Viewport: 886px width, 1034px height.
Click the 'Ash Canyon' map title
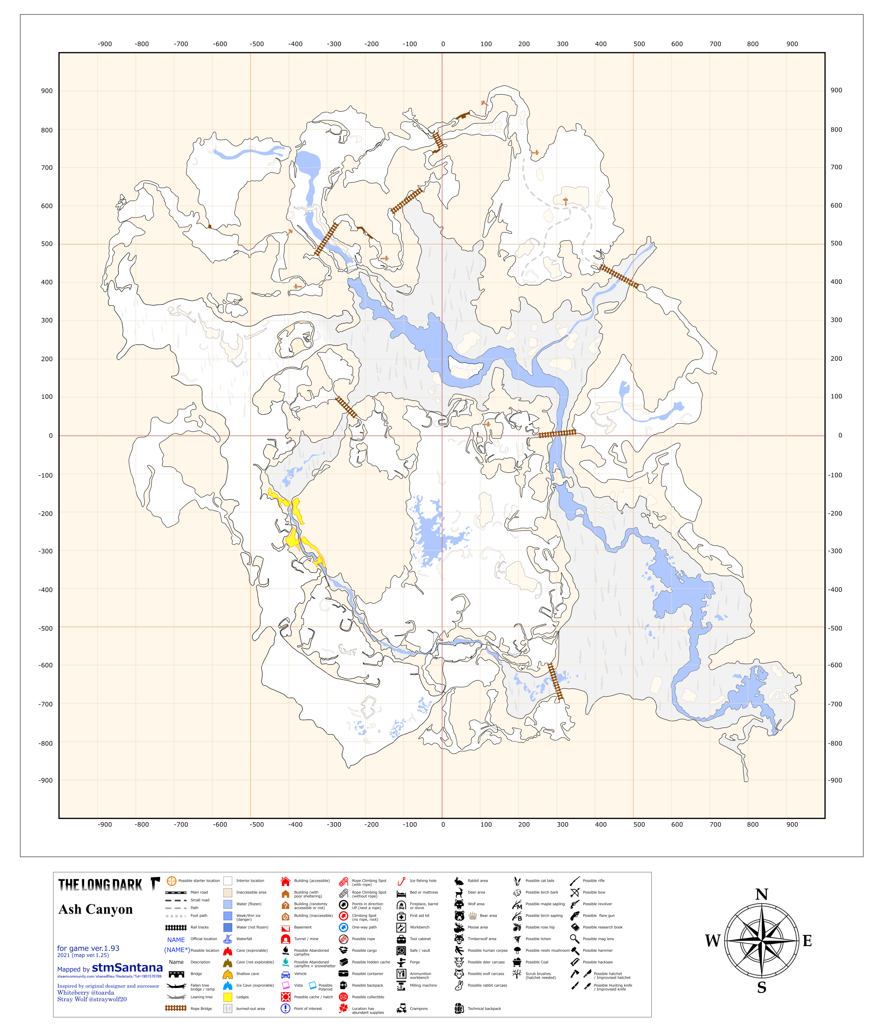pos(95,909)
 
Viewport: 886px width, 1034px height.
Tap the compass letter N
pos(761,894)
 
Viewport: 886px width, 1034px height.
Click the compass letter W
pos(712,941)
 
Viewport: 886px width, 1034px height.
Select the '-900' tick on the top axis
pos(104,44)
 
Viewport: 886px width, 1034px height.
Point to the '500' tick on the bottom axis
pos(639,824)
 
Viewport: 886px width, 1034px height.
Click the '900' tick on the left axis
pos(46,91)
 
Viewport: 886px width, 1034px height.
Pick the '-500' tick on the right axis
pos(836,628)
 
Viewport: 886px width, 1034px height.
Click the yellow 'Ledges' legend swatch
pos(228,997)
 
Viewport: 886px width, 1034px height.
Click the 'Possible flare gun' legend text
pos(598,916)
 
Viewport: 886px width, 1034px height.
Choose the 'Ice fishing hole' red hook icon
pos(401,881)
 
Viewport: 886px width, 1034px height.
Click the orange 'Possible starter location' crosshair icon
pos(171,881)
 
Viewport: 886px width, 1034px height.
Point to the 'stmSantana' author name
pos(127,968)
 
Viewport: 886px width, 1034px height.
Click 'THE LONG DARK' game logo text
pos(101,885)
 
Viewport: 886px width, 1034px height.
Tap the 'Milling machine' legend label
pos(423,986)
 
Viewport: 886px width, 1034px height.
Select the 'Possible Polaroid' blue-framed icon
pos(312,985)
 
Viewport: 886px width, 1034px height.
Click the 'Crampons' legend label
pos(418,1009)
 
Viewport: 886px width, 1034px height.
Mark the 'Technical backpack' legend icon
pos(459,1009)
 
